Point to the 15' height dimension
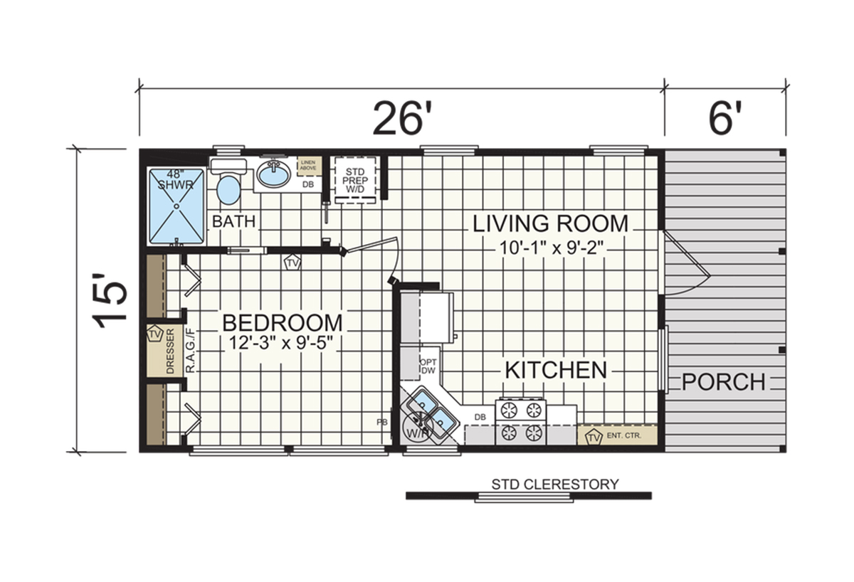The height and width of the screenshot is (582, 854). [112, 302]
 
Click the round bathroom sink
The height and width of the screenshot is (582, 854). [273, 173]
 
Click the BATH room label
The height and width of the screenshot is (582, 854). [233, 221]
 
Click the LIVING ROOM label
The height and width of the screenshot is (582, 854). [550, 223]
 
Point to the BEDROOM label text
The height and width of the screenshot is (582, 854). [282, 322]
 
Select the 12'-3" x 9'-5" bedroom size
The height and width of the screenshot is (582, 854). [282, 342]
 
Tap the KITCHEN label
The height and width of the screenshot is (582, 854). [556, 370]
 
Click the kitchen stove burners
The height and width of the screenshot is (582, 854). [521, 421]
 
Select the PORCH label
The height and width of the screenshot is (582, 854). [723, 382]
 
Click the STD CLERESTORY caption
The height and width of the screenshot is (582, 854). [555, 485]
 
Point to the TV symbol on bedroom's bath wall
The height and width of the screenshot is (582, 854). [292, 263]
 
